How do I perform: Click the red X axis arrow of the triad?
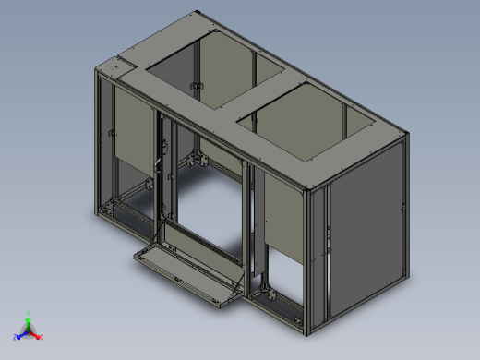click(39, 336)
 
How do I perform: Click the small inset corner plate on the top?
click(115, 68)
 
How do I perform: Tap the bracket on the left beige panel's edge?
click(111, 138)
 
